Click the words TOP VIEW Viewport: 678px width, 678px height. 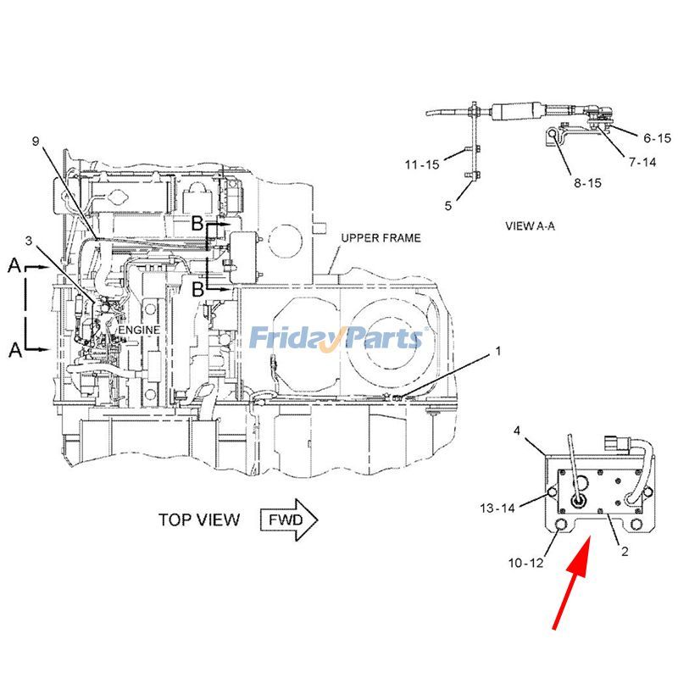199,520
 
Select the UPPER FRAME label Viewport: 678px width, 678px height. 381,238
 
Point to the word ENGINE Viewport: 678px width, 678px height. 138,329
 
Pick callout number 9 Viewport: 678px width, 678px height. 36,141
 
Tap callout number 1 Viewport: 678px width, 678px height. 497,349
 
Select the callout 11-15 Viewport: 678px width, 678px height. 421,165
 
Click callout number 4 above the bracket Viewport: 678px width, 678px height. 518,431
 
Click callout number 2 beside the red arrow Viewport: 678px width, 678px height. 625,552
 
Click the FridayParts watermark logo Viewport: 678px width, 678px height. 336,339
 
